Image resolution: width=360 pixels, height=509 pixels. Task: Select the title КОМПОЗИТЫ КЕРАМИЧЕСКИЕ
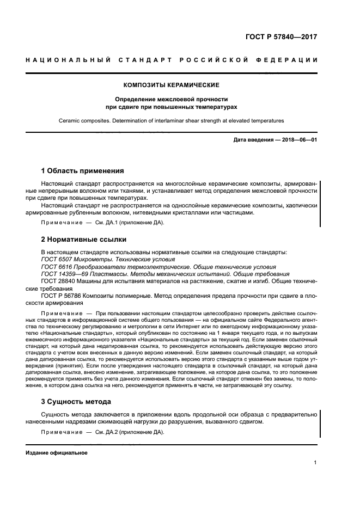click(x=172, y=85)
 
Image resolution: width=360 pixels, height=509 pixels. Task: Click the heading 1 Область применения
click(x=83, y=170)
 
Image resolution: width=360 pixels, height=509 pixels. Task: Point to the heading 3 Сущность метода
click(x=76, y=401)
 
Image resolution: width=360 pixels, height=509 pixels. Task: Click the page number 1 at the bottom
click(x=316, y=463)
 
